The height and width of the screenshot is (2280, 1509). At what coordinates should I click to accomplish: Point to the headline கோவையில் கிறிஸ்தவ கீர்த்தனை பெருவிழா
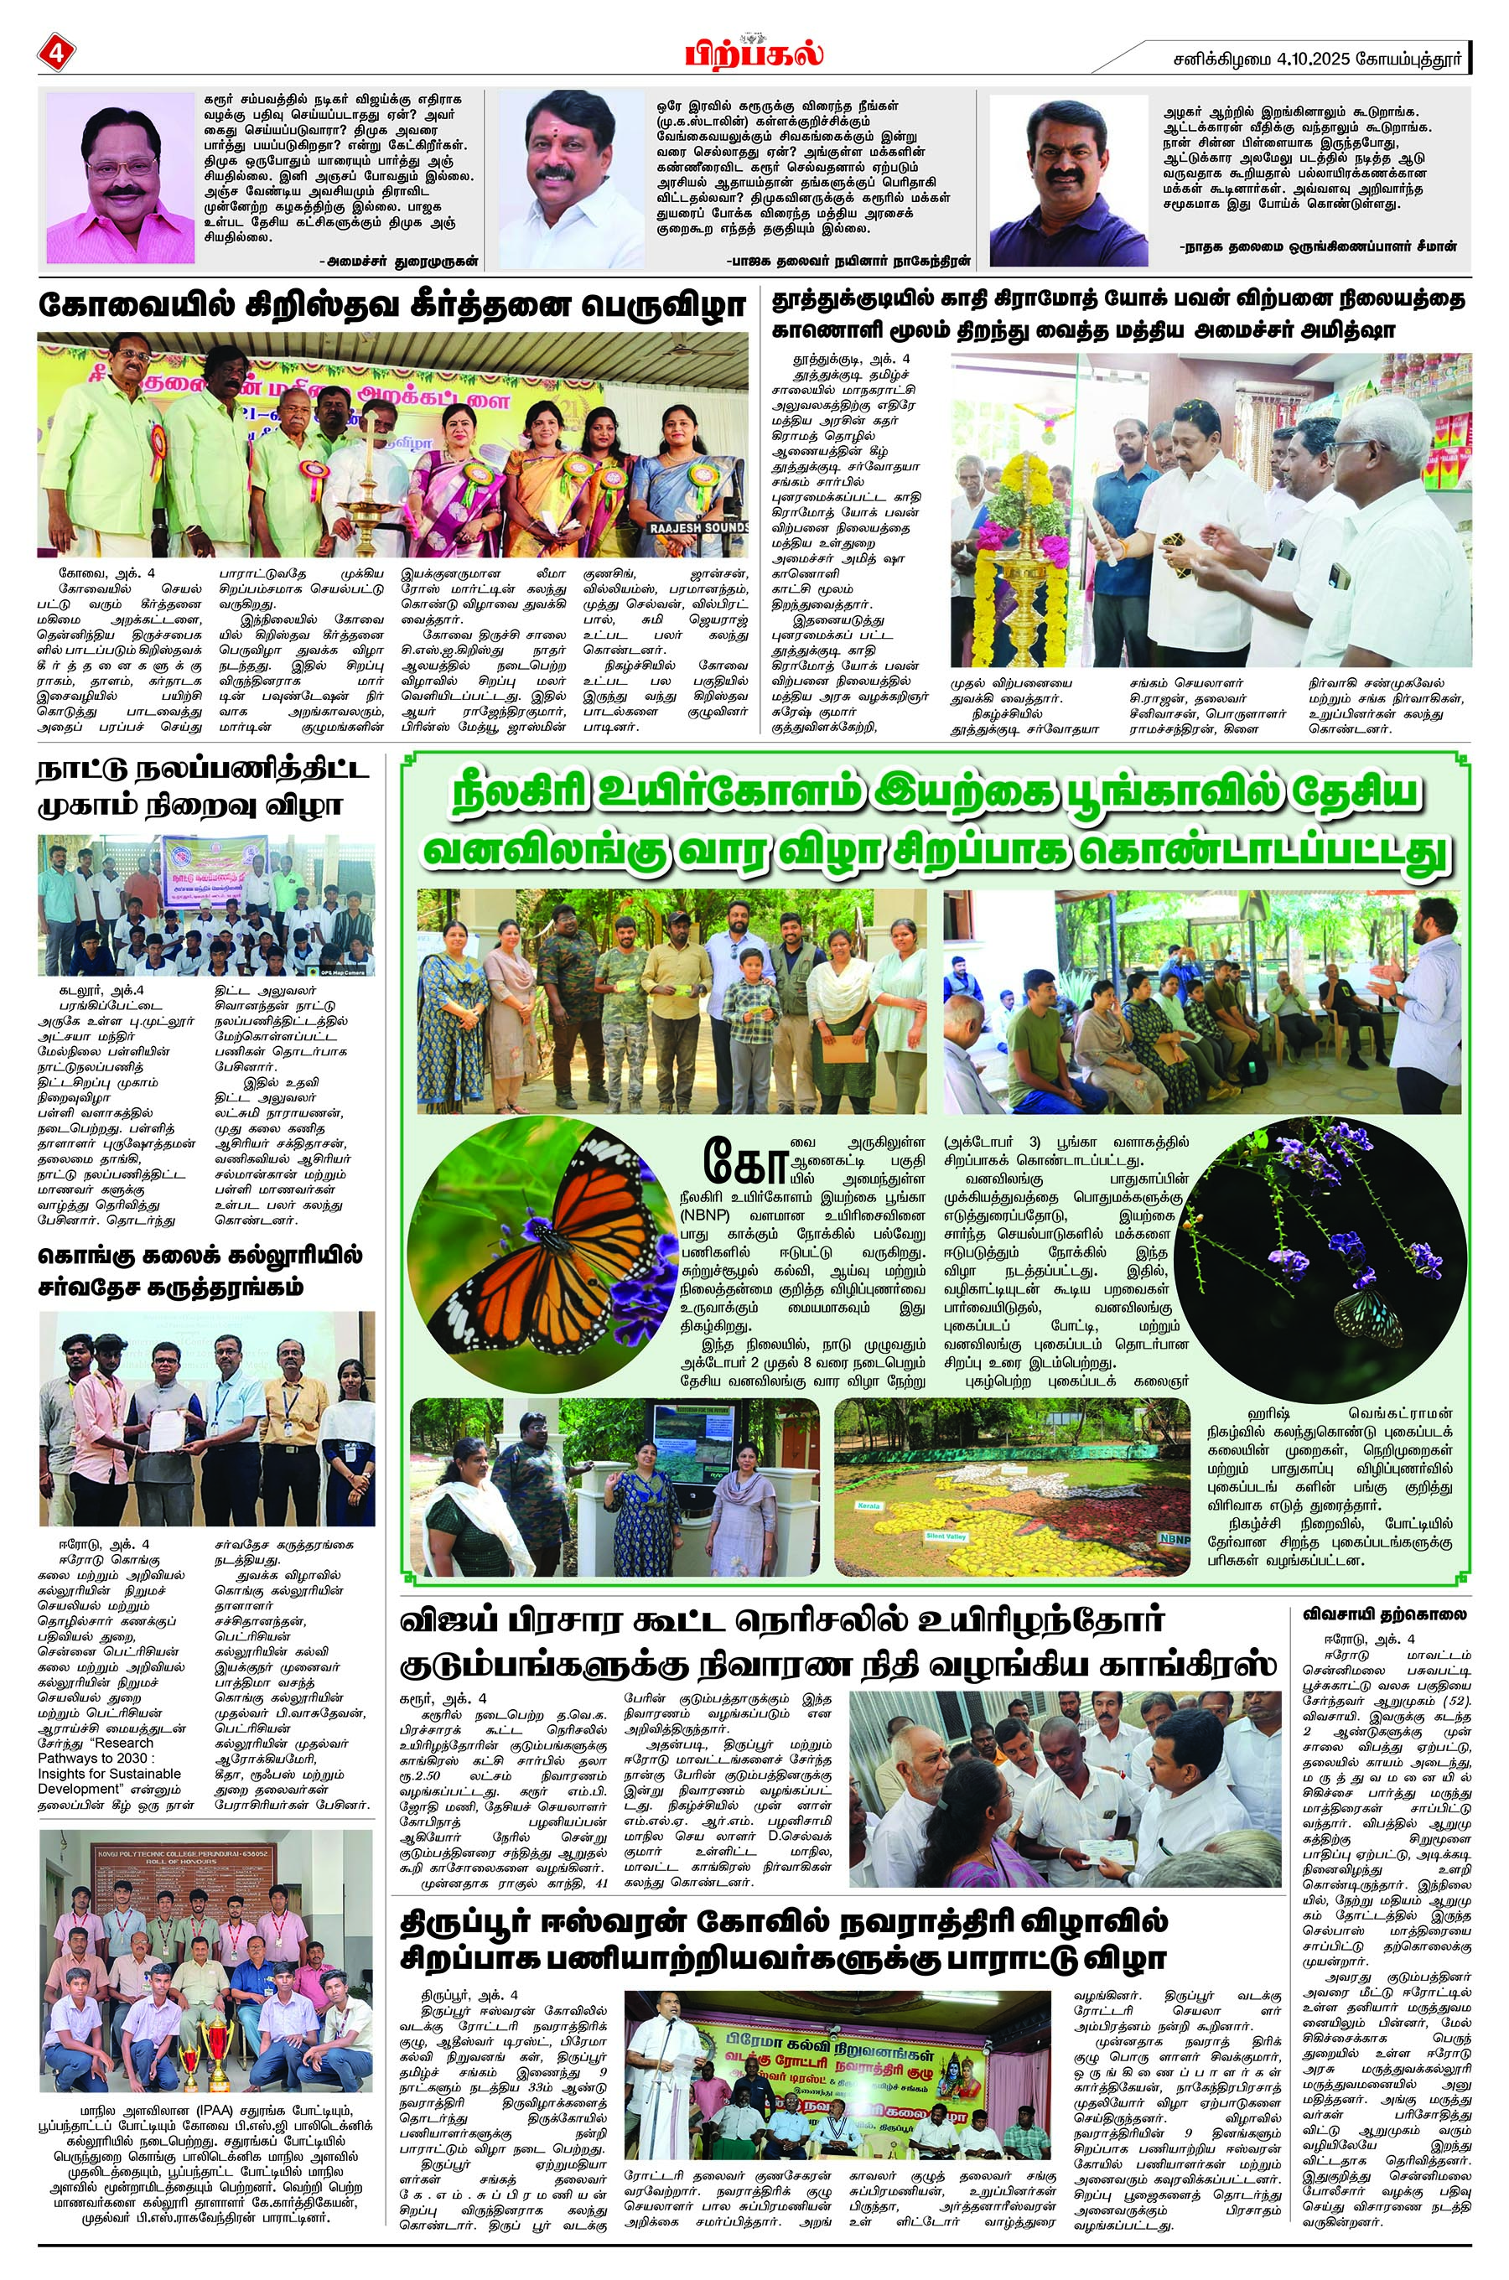[392, 306]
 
